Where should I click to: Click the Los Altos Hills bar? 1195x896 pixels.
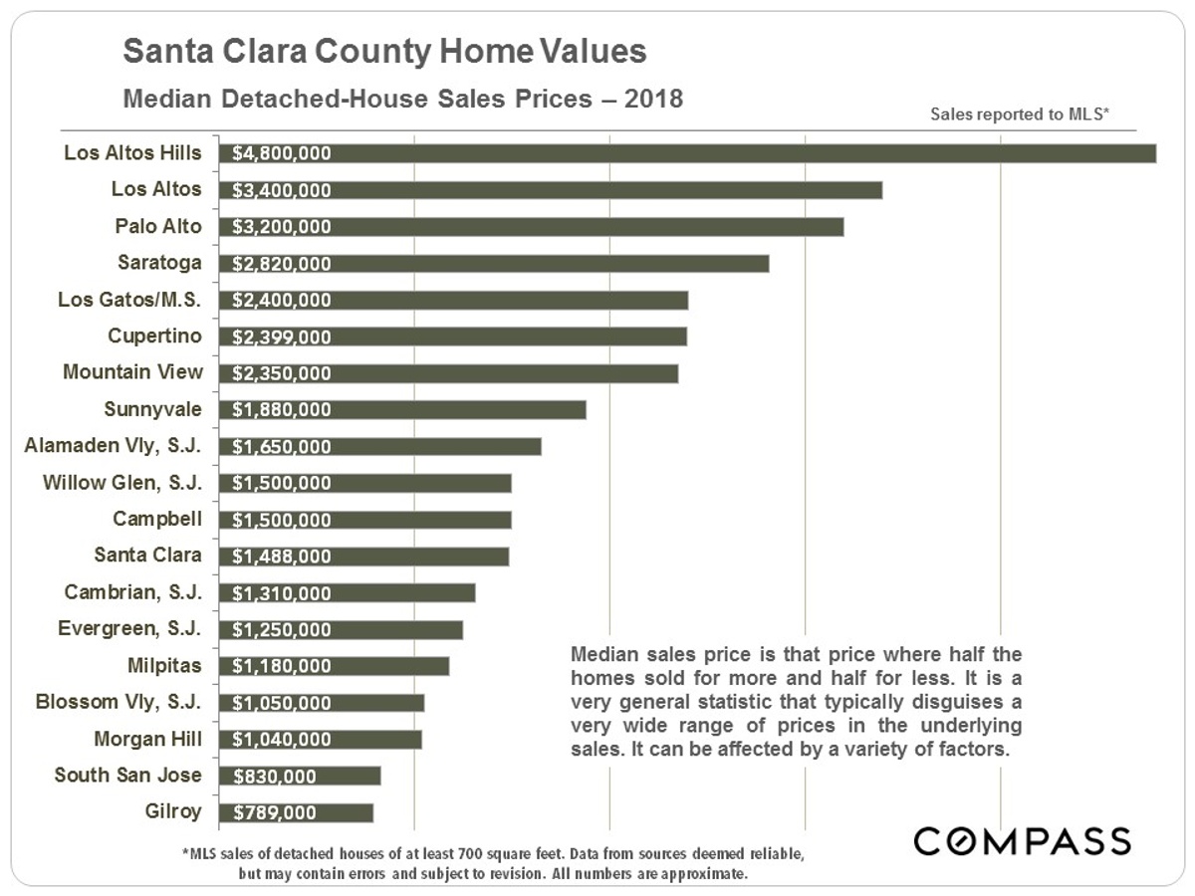687,153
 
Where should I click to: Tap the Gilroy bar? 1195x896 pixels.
296,812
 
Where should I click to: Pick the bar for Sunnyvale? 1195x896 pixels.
402,409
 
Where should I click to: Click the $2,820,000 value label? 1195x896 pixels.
282,264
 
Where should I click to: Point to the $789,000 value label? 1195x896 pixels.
275,813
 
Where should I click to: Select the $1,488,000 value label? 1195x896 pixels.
282,557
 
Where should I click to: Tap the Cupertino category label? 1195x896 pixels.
155,336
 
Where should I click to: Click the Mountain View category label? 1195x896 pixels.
132,372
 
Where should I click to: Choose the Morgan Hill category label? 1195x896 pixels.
148,739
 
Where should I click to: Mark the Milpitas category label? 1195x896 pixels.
164,665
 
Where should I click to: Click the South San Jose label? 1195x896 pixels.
128,775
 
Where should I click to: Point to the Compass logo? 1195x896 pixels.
1023,840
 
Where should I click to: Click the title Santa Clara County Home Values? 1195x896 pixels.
383,52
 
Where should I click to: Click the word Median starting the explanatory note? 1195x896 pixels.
604,656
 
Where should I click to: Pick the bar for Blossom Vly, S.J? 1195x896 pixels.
322,703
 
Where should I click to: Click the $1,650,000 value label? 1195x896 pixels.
282,447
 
